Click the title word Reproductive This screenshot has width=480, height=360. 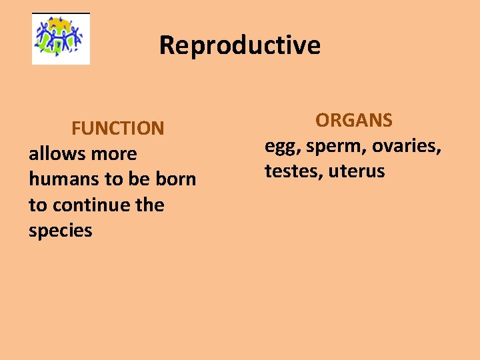coord(239,45)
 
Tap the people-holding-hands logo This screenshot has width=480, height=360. coord(61,39)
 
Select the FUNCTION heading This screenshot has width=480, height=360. coord(117,128)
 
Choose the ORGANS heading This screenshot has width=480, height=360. coord(353,121)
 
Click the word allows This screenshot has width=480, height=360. coord(54,153)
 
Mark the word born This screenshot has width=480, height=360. coord(175,179)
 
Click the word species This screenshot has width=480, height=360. coord(60,231)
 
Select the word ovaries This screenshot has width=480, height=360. coord(406,146)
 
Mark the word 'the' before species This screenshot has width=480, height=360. coord(150,205)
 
